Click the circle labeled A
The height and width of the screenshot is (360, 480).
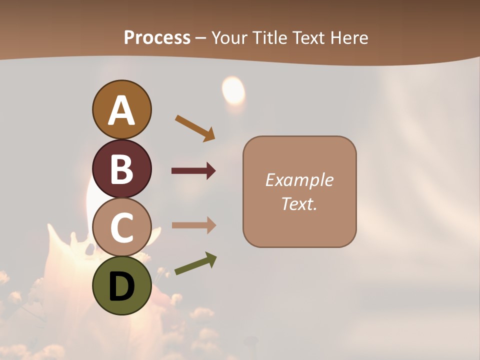coord(121,109)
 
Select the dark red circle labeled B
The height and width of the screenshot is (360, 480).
coord(121,168)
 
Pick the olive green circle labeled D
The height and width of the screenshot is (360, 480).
coord(121,285)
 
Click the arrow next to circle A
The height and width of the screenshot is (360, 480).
coord(195,128)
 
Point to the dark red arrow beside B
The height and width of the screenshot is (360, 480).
coord(193,171)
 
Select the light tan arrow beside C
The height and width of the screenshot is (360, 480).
coord(193,225)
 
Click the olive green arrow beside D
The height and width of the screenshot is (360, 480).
coord(195,263)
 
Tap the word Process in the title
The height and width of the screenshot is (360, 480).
coord(157,37)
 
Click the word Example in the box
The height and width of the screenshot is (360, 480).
coord(299,180)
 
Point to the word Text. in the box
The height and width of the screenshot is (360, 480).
coord(299,203)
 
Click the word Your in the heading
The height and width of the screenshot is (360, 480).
coord(230,37)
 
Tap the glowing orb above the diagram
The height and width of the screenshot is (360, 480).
coord(233,90)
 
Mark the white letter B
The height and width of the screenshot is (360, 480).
coord(121,169)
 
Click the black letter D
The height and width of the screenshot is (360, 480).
coord(121,286)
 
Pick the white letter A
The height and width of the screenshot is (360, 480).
coord(121,110)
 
